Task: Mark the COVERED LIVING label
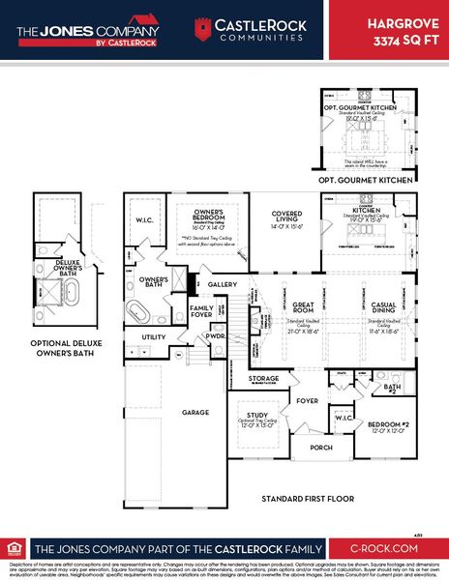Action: (286, 217)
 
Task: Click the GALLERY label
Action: (223, 284)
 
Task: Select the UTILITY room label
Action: (154, 336)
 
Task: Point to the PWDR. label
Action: (215, 336)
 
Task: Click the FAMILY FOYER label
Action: (202, 311)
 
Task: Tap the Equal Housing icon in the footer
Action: (14, 546)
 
